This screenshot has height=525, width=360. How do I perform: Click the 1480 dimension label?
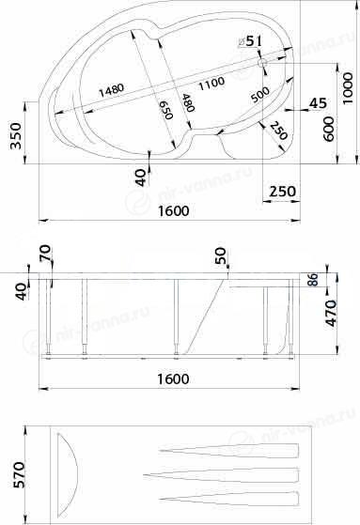tap(111, 89)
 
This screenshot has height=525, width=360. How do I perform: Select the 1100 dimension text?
tap(211, 83)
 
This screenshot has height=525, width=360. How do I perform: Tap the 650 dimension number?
tap(165, 110)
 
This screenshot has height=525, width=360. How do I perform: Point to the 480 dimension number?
tap(188, 102)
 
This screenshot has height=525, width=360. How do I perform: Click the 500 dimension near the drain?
tap(260, 95)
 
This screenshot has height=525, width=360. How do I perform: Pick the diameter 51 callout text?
tap(249, 41)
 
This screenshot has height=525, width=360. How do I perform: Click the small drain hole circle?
tap(262, 62)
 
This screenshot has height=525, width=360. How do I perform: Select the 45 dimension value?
tap(318, 103)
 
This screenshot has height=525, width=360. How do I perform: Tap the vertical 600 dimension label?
tap(329, 129)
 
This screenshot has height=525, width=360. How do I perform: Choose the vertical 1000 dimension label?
tap(348, 88)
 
